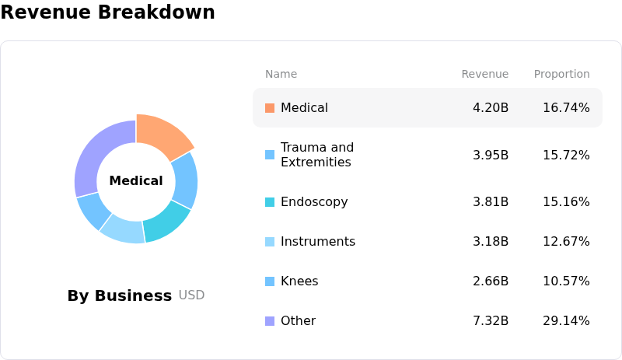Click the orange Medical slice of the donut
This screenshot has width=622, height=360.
pyautogui.click(x=162, y=135)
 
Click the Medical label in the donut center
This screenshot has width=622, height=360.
pyautogui.click(x=136, y=180)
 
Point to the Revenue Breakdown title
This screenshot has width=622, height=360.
pyautogui.click(x=107, y=12)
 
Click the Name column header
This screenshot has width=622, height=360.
pyautogui.click(x=281, y=74)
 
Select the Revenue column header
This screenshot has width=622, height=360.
pyautogui.click(x=484, y=74)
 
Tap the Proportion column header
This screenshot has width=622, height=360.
pyautogui.click(x=561, y=74)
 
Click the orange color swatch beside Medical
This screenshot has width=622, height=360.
pyautogui.click(x=270, y=108)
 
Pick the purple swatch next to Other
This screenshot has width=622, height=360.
pyautogui.click(x=270, y=321)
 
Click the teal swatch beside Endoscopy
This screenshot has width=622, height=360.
pyautogui.click(x=270, y=202)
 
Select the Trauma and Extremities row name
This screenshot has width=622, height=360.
pyautogui.click(x=317, y=155)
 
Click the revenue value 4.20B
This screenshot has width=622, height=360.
pyautogui.click(x=491, y=108)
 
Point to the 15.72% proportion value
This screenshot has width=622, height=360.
pyautogui.click(x=566, y=155)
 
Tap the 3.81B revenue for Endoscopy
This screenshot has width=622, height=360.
pyautogui.click(x=491, y=202)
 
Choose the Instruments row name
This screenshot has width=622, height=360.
pyautogui.click(x=318, y=242)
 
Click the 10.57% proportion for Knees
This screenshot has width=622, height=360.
pyautogui.click(x=566, y=281)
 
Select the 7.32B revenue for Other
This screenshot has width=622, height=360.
pyautogui.click(x=491, y=321)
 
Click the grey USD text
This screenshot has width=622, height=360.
pyautogui.click(x=191, y=295)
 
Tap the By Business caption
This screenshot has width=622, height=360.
pyautogui.click(x=120, y=296)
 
